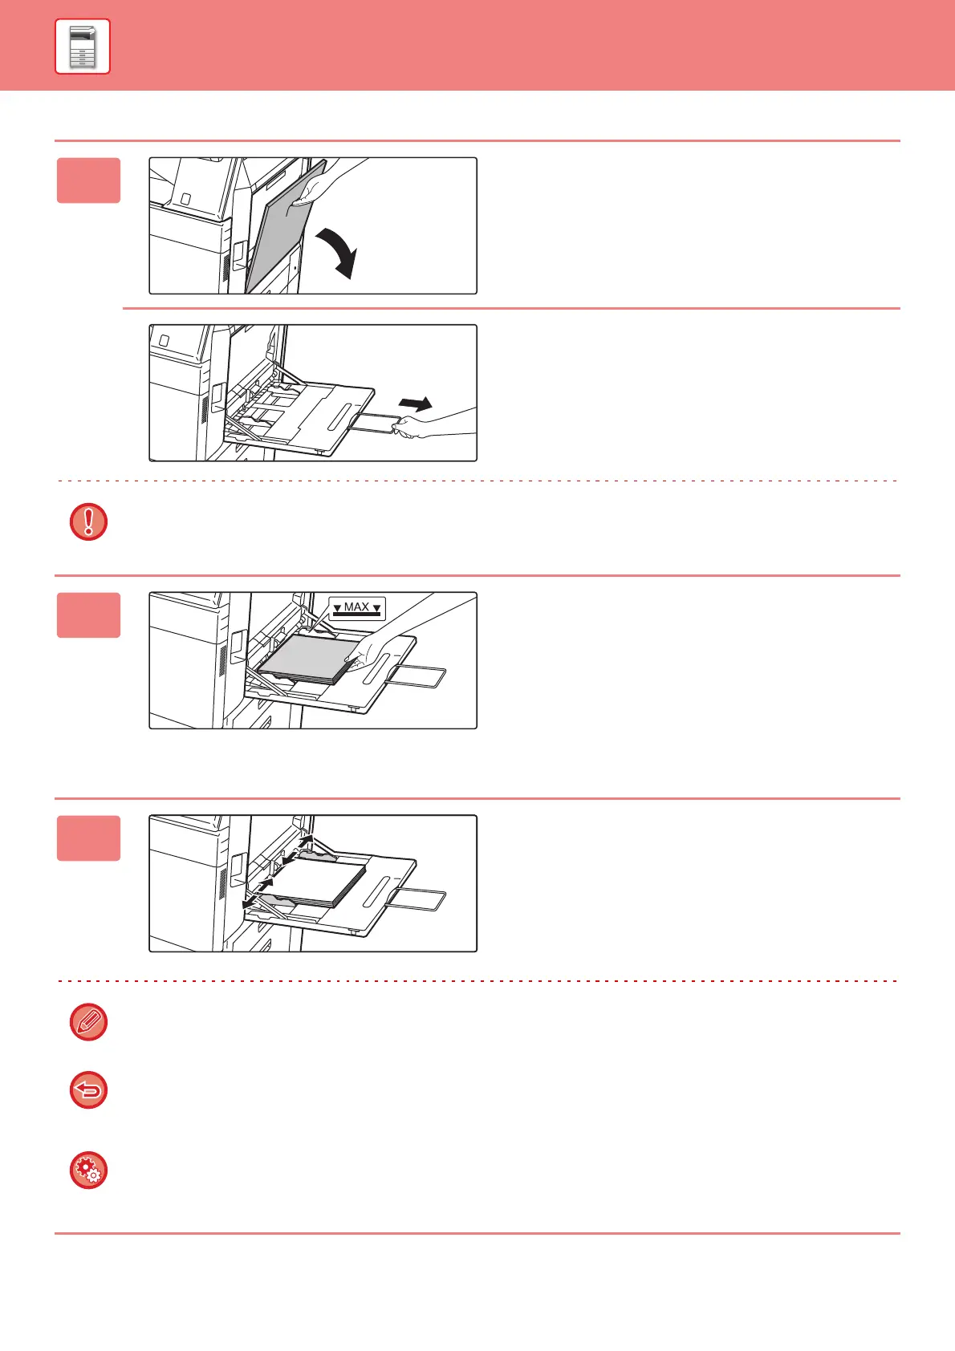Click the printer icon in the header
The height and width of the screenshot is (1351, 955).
tap(83, 47)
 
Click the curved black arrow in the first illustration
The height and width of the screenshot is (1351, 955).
tap(338, 251)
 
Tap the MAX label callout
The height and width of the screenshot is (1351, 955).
tap(357, 608)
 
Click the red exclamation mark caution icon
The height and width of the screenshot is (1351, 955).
tap(88, 521)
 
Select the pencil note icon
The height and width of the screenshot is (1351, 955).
tap(88, 1023)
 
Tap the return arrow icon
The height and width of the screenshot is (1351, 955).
tap(88, 1091)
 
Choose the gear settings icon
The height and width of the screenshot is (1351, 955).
tap(88, 1170)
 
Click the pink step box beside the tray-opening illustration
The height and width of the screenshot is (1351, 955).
tap(88, 181)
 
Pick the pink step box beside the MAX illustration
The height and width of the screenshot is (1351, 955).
tap(88, 615)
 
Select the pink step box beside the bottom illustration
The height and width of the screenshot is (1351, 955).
tap(88, 838)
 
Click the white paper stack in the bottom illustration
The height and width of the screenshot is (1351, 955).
tap(321, 882)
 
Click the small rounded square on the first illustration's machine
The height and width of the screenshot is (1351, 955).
tap(185, 197)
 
